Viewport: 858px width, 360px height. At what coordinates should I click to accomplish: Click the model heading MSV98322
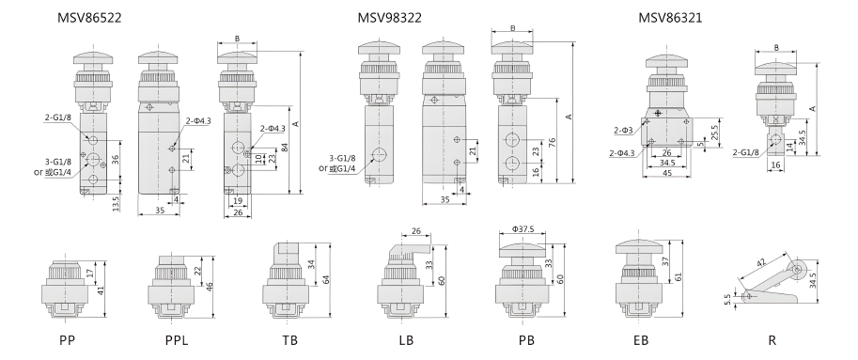click(x=389, y=18)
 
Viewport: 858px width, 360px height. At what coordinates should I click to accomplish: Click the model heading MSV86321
click(x=670, y=18)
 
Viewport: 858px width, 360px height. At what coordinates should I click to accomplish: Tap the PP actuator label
click(x=69, y=337)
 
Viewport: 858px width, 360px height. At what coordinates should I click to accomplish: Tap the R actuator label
click(x=772, y=337)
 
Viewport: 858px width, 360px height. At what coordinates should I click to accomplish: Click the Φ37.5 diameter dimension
click(x=524, y=228)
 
